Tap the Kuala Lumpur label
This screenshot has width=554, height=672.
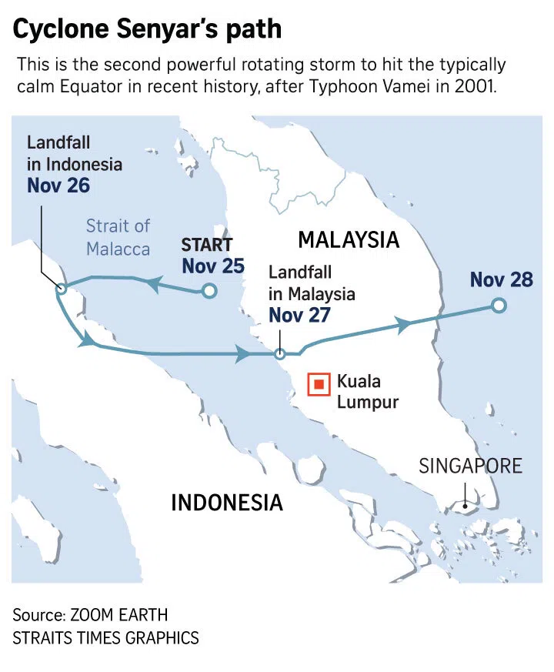point(368,391)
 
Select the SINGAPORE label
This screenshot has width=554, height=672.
point(470,466)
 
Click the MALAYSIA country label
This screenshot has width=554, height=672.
point(349,239)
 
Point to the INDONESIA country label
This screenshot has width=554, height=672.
point(226,503)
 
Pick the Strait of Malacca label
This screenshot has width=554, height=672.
point(118,237)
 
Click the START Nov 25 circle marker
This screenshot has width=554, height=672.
point(208,291)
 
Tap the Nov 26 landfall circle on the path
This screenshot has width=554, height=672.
point(62,289)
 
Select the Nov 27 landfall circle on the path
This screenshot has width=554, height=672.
point(280,354)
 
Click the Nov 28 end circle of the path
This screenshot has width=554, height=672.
point(499,306)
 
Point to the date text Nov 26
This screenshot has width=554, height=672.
point(58,186)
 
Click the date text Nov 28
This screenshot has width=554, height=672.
point(501,279)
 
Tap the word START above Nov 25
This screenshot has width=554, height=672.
point(207,246)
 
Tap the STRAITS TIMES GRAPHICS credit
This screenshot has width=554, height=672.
point(105,638)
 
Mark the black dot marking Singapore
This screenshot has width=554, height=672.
point(464,506)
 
